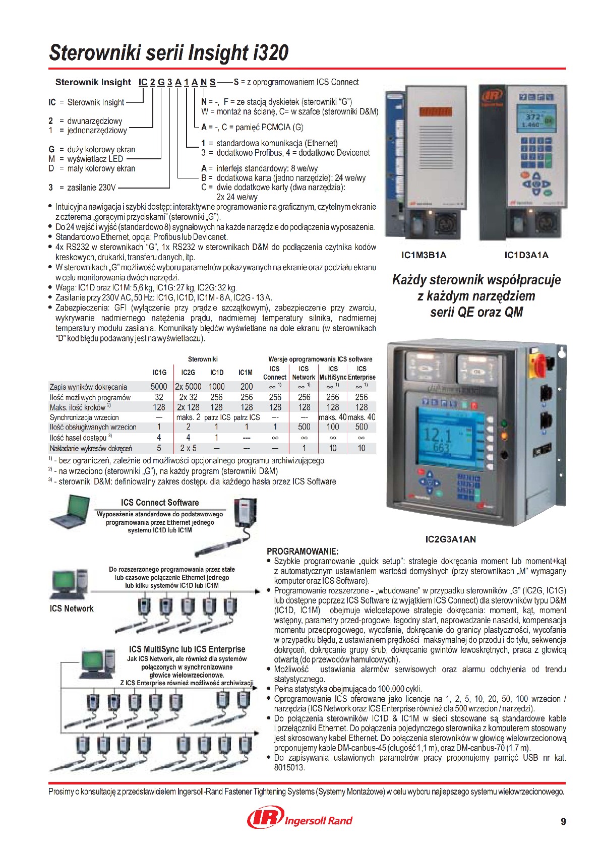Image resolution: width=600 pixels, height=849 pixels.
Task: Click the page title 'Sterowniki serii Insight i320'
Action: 169,53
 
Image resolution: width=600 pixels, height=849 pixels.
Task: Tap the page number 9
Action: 563,821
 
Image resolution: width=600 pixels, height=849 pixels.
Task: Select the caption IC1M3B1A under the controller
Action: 424,255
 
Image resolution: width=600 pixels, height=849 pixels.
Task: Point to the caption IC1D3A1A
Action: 526,255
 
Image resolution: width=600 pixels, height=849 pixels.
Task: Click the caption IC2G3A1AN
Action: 450,539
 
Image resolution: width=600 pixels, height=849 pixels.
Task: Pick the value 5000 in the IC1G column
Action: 159,387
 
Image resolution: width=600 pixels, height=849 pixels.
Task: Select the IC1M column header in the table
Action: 246,373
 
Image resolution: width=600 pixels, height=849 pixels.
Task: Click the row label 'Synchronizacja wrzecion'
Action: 84,417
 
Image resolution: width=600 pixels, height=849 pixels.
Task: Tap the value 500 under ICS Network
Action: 304,427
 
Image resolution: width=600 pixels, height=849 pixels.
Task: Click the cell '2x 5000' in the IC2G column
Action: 188,387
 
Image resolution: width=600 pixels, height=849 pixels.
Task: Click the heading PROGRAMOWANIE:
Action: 302,551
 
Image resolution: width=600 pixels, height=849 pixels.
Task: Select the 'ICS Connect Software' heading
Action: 160,503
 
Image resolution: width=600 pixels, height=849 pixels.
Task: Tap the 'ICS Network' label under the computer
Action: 72,609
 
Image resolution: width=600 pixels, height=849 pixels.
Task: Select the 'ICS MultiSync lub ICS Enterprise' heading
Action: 187,649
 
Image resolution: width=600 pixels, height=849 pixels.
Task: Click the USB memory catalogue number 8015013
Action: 289,767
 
